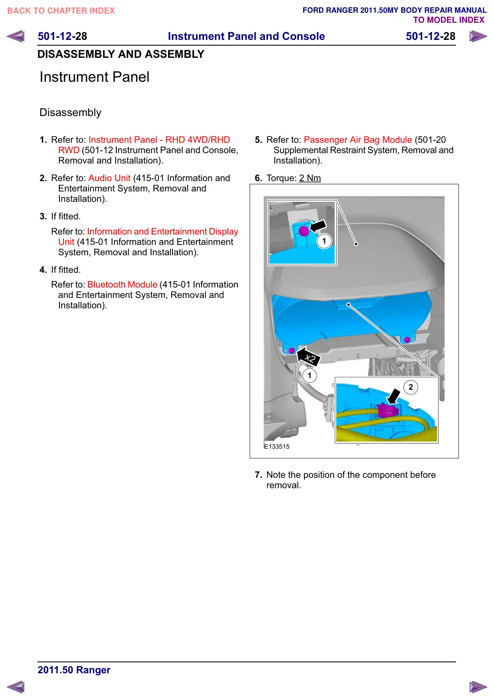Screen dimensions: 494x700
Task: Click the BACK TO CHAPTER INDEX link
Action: pyautogui.click(x=61, y=11)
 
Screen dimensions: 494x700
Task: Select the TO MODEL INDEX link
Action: pyautogui.click(x=449, y=20)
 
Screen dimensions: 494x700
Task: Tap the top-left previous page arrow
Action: pyautogui.click(x=16, y=36)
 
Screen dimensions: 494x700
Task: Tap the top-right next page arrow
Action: pyautogui.click(x=478, y=36)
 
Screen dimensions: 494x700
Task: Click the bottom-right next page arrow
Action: pyautogui.click(x=478, y=687)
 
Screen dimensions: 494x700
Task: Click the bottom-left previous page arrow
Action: pyautogui.click(x=16, y=687)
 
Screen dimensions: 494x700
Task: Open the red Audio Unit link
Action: pyautogui.click(x=110, y=178)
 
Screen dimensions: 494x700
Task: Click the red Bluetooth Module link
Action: pyautogui.click(x=122, y=285)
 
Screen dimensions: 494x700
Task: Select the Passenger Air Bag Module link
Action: pyautogui.click(x=358, y=140)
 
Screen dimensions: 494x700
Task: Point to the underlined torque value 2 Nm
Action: pyautogui.click(x=310, y=178)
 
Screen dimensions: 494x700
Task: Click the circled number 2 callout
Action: pyautogui.click(x=411, y=387)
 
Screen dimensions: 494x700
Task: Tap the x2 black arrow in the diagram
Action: pyautogui.click(x=308, y=356)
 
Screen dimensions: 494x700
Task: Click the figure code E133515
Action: pyautogui.click(x=277, y=447)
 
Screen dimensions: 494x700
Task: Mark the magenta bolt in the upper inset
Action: pyautogui.click(x=304, y=231)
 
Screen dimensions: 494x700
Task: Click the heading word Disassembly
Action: pyautogui.click(x=71, y=113)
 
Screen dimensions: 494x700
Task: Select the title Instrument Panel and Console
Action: pyautogui.click(x=246, y=36)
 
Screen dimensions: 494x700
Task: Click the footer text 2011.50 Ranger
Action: pyautogui.click(x=74, y=670)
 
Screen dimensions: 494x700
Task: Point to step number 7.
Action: pyautogui.click(x=258, y=475)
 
